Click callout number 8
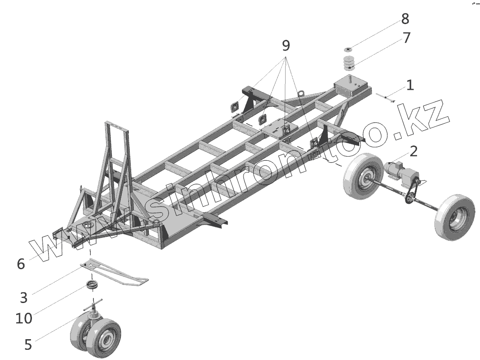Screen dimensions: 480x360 (x=405, y=19)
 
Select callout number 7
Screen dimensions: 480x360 (x=406, y=38)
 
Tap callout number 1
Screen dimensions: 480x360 (x=410, y=85)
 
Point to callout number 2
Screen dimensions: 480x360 (x=413, y=151)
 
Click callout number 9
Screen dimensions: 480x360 (x=286, y=45)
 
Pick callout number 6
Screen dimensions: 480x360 (x=21, y=264)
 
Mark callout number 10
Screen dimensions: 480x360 (x=24, y=318)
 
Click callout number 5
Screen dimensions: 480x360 (x=28, y=344)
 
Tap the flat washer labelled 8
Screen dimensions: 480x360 (x=348, y=49)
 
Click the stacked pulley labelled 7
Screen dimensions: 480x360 (x=349, y=63)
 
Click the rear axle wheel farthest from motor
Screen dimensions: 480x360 (x=455, y=217)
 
